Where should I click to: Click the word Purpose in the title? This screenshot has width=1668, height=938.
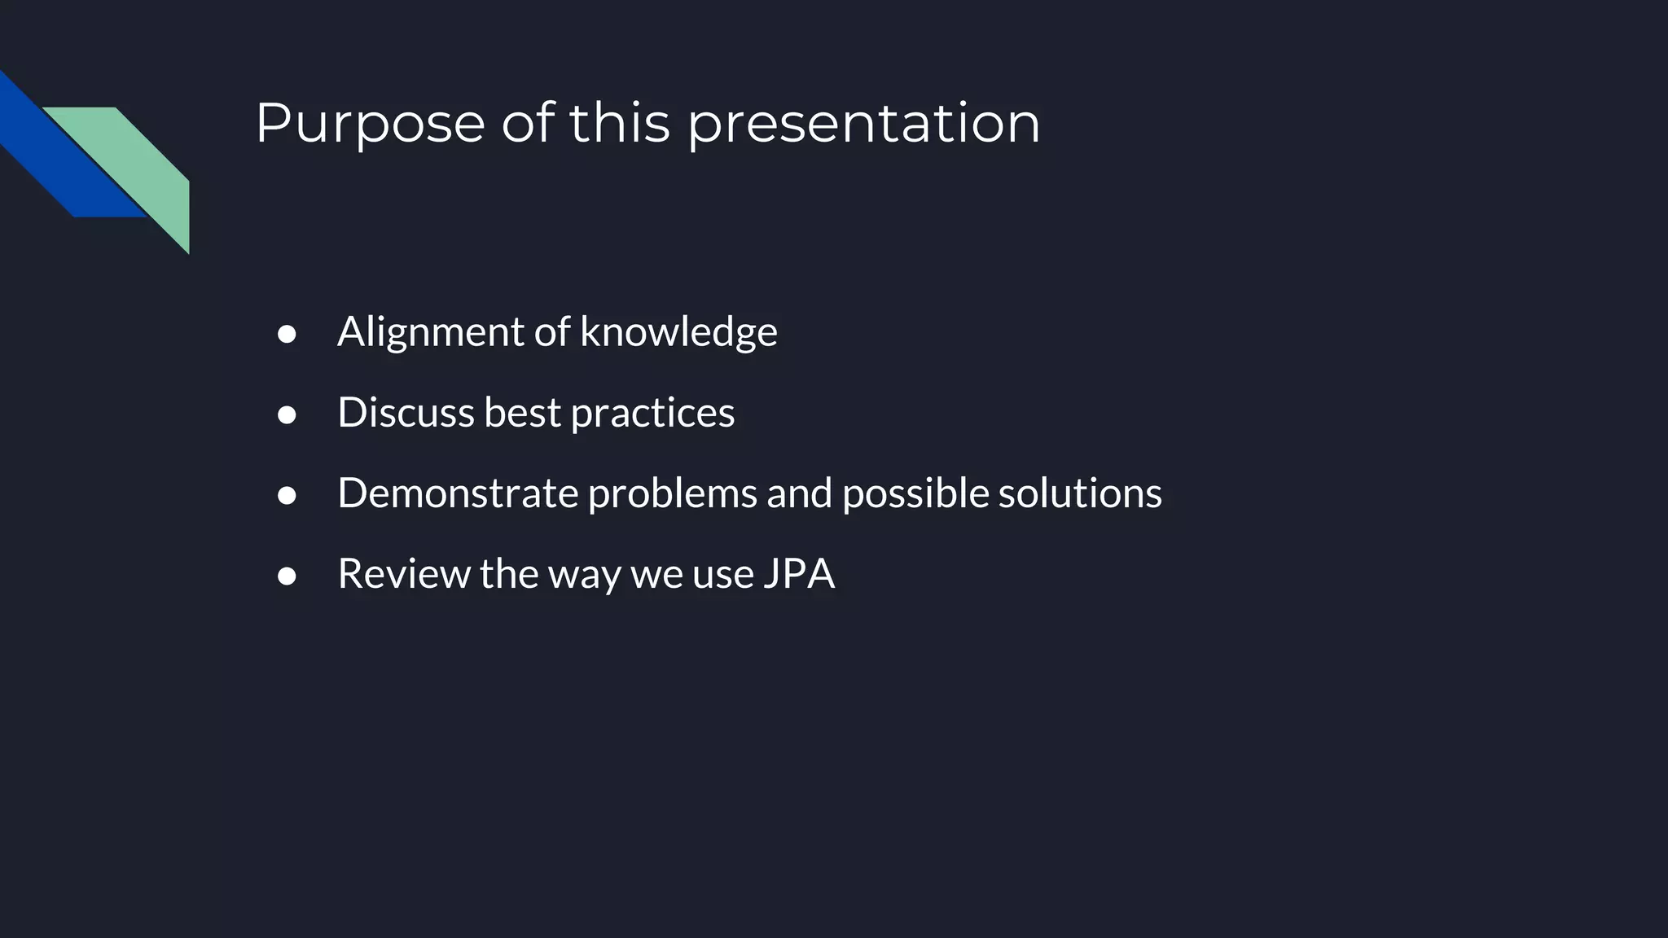click(371, 124)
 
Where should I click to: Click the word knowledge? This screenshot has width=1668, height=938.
click(678, 332)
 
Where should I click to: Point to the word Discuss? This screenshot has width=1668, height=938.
click(406, 413)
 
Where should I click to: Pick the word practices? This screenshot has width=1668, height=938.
click(652, 413)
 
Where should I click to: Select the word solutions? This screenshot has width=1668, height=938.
click(1080, 493)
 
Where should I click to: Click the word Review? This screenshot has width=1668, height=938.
click(403, 574)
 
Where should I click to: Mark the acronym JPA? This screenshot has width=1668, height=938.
click(799, 574)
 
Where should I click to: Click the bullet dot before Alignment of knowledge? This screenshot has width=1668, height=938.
click(287, 334)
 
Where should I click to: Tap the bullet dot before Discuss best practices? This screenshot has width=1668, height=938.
click(287, 415)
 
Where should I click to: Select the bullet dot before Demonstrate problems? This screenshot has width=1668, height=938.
click(287, 496)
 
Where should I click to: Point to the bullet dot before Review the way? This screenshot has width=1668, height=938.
click(287, 576)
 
